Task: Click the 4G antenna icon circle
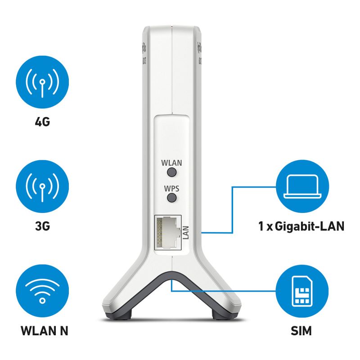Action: tap(42, 82)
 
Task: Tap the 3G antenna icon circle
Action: tap(42, 186)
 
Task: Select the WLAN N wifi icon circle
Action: tap(42, 291)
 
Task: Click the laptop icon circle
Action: tap(302, 186)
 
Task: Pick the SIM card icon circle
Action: tap(302, 291)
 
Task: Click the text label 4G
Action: tap(42, 121)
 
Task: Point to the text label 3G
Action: tap(42, 226)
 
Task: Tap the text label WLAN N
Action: tap(44, 331)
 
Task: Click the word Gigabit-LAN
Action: tap(310, 226)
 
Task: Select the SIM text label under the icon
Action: tap(301, 331)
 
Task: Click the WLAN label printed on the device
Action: tap(171, 163)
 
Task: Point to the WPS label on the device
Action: tap(171, 189)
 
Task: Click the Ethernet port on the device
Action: tap(167, 232)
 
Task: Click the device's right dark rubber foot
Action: tap(227, 315)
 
